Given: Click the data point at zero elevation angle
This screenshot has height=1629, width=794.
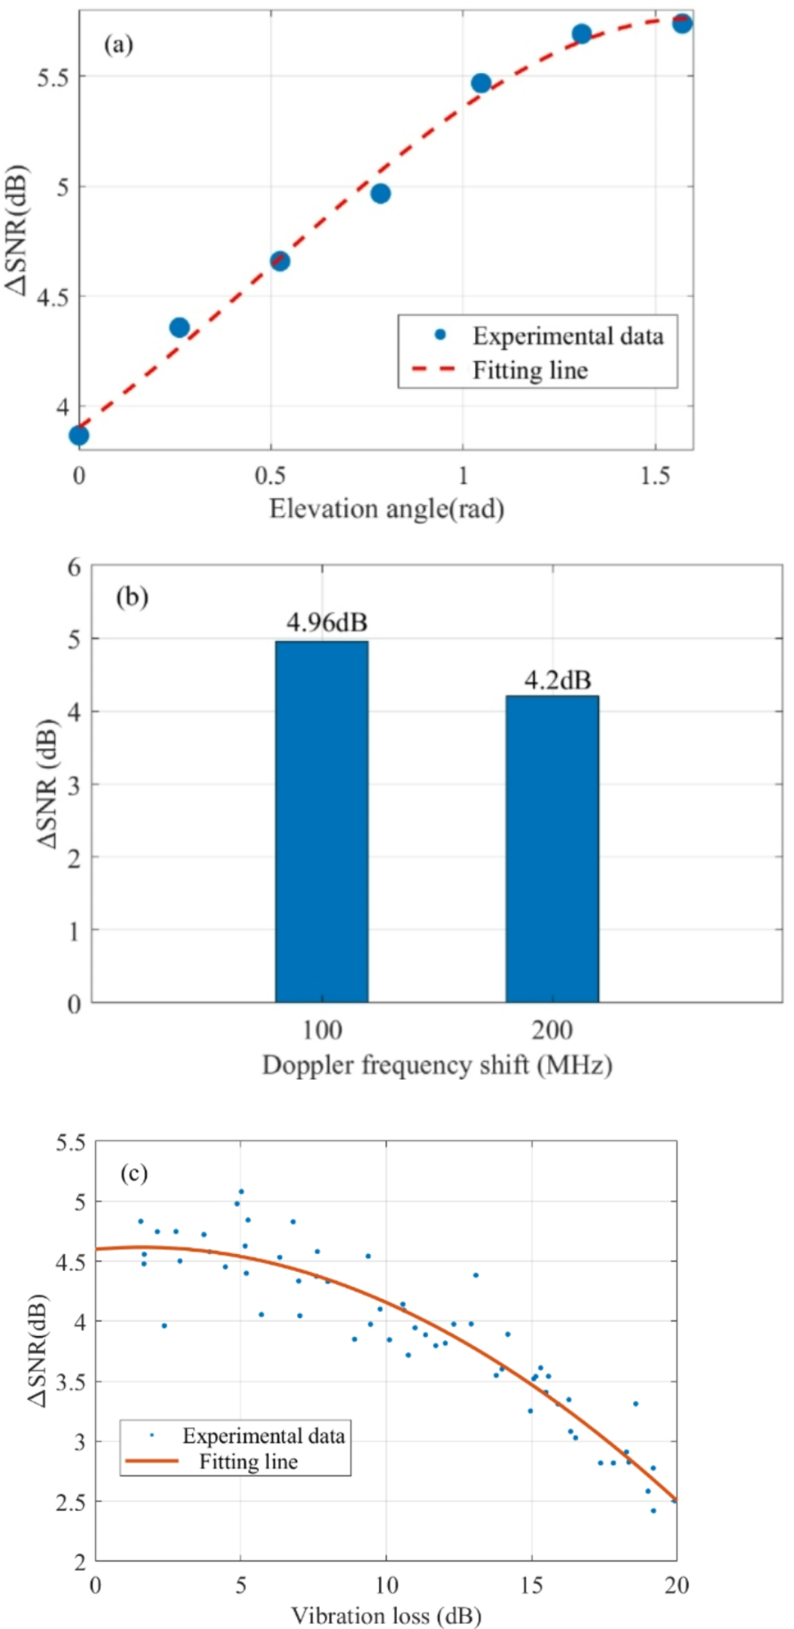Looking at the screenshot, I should click(79, 435).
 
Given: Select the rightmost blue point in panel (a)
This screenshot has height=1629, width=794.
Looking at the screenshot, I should click(682, 23).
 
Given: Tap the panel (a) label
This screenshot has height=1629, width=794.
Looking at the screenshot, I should click(118, 45).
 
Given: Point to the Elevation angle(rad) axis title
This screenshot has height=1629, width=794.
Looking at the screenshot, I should click(386, 509).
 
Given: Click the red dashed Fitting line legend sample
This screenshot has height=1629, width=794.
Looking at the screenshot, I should click(434, 370).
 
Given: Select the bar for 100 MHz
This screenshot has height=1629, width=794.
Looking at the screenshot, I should click(321, 820).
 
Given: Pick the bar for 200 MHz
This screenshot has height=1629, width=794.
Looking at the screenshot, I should click(551, 848).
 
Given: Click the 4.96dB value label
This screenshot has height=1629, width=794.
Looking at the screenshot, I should click(327, 623).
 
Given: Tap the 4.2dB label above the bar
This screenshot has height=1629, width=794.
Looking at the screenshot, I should click(557, 680).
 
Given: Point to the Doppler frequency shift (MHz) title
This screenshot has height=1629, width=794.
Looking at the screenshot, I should click(436, 1065).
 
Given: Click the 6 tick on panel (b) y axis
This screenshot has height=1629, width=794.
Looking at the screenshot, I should click(74, 567).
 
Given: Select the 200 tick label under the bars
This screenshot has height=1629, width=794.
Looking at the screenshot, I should click(551, 1031).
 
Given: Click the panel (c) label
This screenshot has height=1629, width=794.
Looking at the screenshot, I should click(134, 1173).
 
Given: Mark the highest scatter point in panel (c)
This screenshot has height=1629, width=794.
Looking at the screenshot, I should click(241, 1191).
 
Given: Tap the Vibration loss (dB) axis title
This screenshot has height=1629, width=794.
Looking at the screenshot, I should click(386, 1615).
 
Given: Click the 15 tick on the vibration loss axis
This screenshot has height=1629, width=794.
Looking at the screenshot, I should click(531, 1586).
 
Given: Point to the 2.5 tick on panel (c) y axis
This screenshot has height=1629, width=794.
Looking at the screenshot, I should click(71, 1501).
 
